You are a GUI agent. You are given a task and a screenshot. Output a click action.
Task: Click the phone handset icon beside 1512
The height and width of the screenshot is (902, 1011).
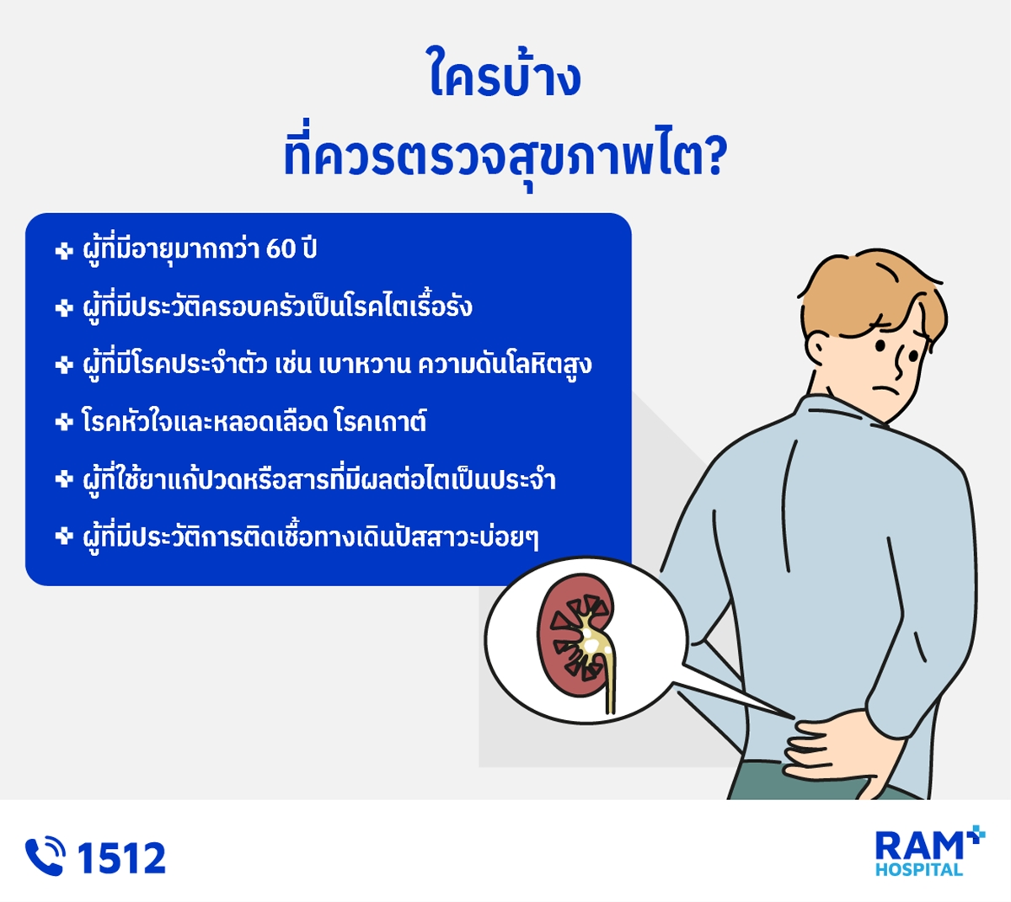(45, 857)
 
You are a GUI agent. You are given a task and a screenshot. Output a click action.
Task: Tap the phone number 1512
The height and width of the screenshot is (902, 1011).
(121, 857)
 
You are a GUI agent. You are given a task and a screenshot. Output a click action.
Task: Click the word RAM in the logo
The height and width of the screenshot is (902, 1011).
(918, 846)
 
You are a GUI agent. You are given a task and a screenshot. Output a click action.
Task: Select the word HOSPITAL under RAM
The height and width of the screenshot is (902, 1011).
(918, 869)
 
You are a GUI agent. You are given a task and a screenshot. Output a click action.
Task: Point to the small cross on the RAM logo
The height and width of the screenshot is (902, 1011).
(976, 835)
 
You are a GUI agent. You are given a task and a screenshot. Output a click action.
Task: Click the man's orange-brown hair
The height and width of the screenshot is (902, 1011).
(874, 294)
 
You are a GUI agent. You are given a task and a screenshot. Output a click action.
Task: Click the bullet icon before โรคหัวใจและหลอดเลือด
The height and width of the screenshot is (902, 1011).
(64, 422)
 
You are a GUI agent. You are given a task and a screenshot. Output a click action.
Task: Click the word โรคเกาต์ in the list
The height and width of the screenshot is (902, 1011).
(381, 421)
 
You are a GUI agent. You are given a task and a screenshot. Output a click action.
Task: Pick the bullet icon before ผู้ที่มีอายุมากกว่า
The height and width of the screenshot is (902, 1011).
(64, 250)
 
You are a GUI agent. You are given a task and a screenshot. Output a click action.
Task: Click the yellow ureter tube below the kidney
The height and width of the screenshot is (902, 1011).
(610, 684)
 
